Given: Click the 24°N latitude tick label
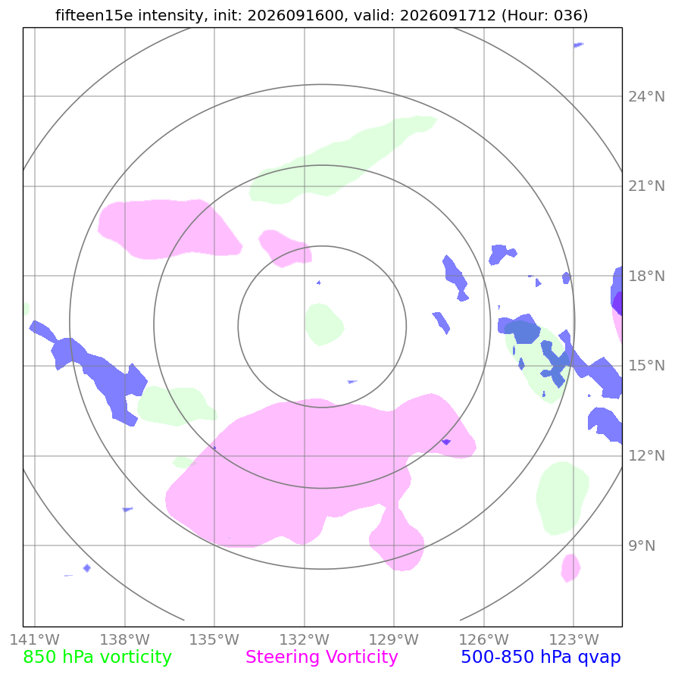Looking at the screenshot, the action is coord(646,96).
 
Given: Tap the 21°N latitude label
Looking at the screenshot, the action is coord(646,186).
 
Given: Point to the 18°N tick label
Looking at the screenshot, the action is coord(646,276).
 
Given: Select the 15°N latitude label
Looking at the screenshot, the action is coord(646,366).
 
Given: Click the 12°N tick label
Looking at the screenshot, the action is coord(646,455).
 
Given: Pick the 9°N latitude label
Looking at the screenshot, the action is coord(642,545).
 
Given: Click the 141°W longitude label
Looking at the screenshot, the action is coord(34,639).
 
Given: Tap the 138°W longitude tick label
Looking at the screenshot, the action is coord(125,639).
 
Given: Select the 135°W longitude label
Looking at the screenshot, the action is coord(214,639).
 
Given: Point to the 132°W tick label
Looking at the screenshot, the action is coord(305,639).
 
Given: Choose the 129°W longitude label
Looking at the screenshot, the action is coord(394,639).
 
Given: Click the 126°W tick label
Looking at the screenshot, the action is coord(484,639).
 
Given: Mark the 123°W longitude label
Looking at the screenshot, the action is coord(573,639).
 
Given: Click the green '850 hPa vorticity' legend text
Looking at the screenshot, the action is coord(97,658).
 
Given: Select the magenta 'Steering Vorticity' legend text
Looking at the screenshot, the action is coord(321,658).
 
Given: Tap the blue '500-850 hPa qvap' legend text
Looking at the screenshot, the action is coord(541,658).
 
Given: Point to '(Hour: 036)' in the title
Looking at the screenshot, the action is coord(545,15).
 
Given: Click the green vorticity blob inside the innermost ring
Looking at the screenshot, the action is coord(324,324).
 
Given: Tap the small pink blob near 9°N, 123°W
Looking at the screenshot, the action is coord(570,568).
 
